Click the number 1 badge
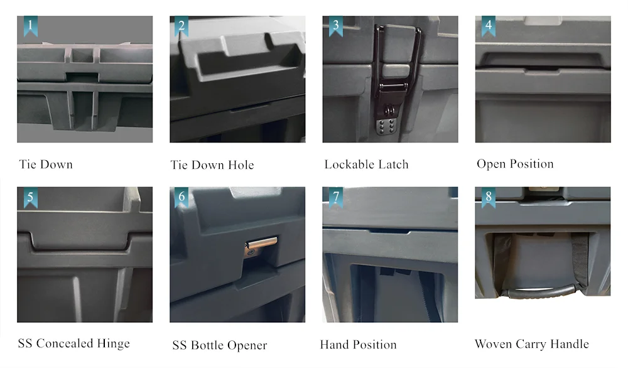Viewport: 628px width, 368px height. [30, 26]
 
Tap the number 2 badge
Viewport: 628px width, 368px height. [181, 26]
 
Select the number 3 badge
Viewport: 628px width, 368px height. [335, 26]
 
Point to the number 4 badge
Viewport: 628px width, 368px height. [488, 26]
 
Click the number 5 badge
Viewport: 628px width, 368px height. [30, 197]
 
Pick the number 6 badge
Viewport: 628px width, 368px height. [181, 197]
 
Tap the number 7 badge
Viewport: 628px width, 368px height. [335, 197]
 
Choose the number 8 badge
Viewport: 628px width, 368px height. [488, 197]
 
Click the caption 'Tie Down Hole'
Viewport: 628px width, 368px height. [212, 165]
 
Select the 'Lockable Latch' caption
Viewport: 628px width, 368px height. [367, 165]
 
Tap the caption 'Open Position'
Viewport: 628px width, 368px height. [515, 164]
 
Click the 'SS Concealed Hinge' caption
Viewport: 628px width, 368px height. [74, 344]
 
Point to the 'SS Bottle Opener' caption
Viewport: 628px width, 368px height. [219, 345]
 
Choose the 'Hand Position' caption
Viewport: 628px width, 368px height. [359, 344]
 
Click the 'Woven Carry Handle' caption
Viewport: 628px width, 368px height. [532, 344]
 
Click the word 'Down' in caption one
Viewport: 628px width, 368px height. [57, 165]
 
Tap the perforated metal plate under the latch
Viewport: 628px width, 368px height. [386, 126]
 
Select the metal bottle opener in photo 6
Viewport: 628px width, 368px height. [261, 244]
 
